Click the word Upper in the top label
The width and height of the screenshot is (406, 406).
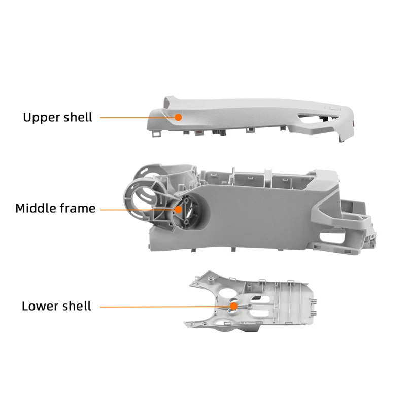[41, 117]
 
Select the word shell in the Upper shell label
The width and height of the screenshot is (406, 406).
[77, 117]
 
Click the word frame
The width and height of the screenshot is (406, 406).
[78, 208]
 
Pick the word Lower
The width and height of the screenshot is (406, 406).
[40, 306]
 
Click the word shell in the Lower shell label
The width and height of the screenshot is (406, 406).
[76, 306]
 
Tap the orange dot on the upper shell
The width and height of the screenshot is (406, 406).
[178, 117]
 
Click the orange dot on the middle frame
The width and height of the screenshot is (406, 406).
[178, 209]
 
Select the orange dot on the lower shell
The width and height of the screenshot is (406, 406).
[233, 306]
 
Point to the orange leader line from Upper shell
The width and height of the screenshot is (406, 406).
[137, 117]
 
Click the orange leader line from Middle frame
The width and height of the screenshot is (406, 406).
[137, 209]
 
